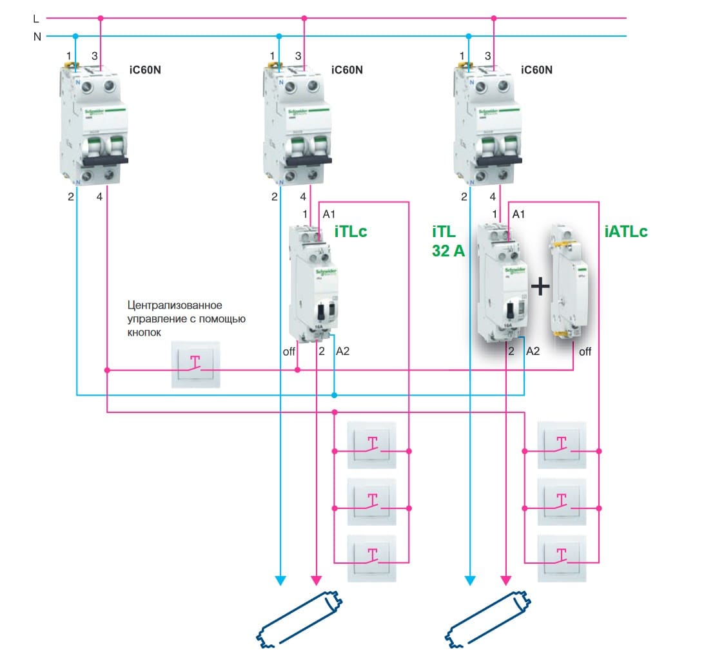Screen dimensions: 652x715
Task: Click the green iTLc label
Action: point(351,231)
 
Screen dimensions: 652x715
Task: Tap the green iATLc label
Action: point(625,231)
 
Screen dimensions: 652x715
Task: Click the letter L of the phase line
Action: point(36,19)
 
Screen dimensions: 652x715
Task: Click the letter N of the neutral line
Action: point(37,37)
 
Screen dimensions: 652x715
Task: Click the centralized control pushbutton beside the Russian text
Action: point(195,365)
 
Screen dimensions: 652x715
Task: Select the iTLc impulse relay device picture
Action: point(313,282)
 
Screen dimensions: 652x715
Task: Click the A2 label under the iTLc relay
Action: point(343,351)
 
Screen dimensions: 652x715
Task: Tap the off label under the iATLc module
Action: point(585,352)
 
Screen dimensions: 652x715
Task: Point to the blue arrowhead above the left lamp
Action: point(280,580)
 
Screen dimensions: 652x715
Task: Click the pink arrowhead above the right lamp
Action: point(506,580)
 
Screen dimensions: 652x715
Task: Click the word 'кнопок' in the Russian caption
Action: point(141,332)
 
